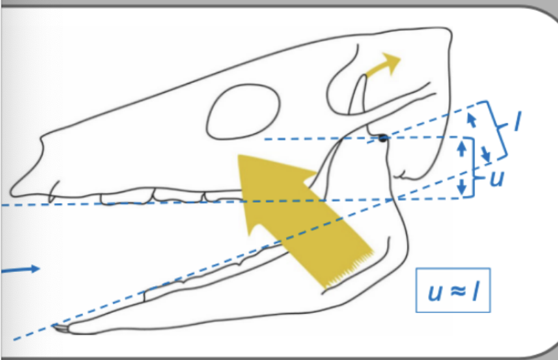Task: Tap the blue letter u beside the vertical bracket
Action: (496, 178)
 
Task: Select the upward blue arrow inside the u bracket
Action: (460, 149)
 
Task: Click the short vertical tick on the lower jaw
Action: (145, 294)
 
